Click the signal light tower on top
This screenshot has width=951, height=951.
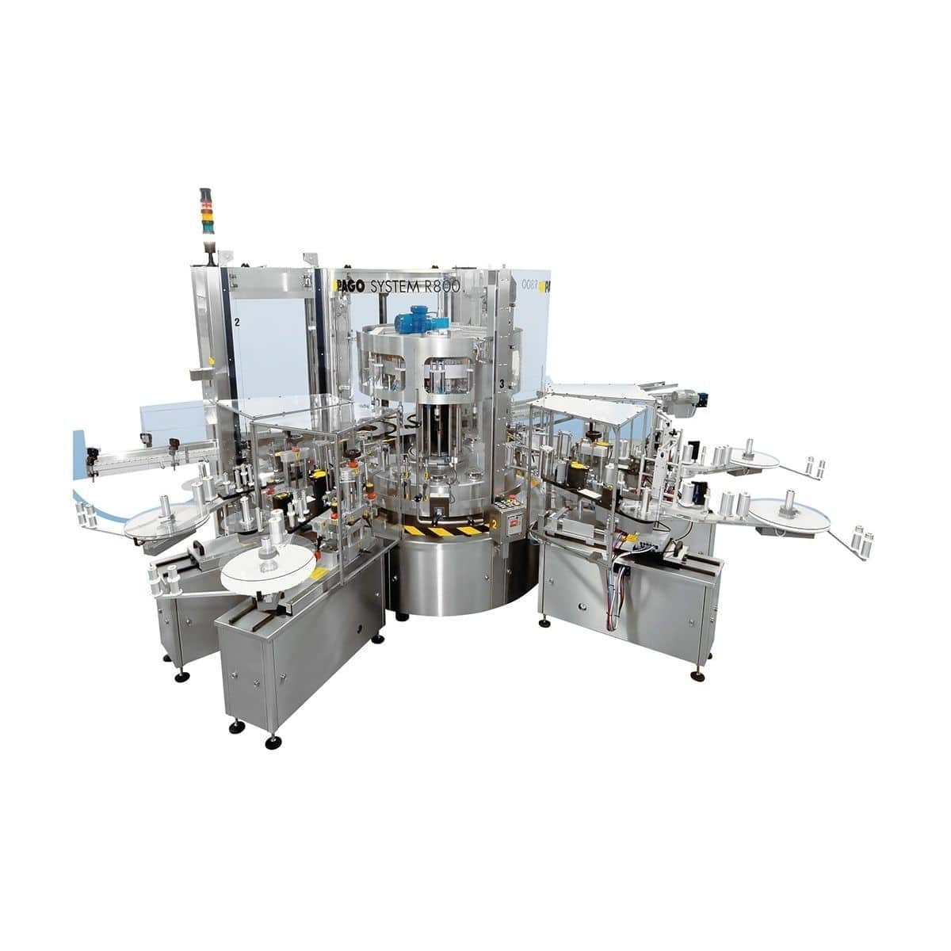[x=207, y=212]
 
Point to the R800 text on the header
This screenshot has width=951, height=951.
[x=442, y=288]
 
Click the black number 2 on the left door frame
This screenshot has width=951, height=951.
[x=236, y=323]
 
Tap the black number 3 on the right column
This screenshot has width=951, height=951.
[x=502, y=384]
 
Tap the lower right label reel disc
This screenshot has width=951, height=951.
[x=789, y=515]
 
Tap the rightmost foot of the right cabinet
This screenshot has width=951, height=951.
[x=697, y=675]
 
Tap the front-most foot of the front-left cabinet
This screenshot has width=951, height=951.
[x=273, y=742]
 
